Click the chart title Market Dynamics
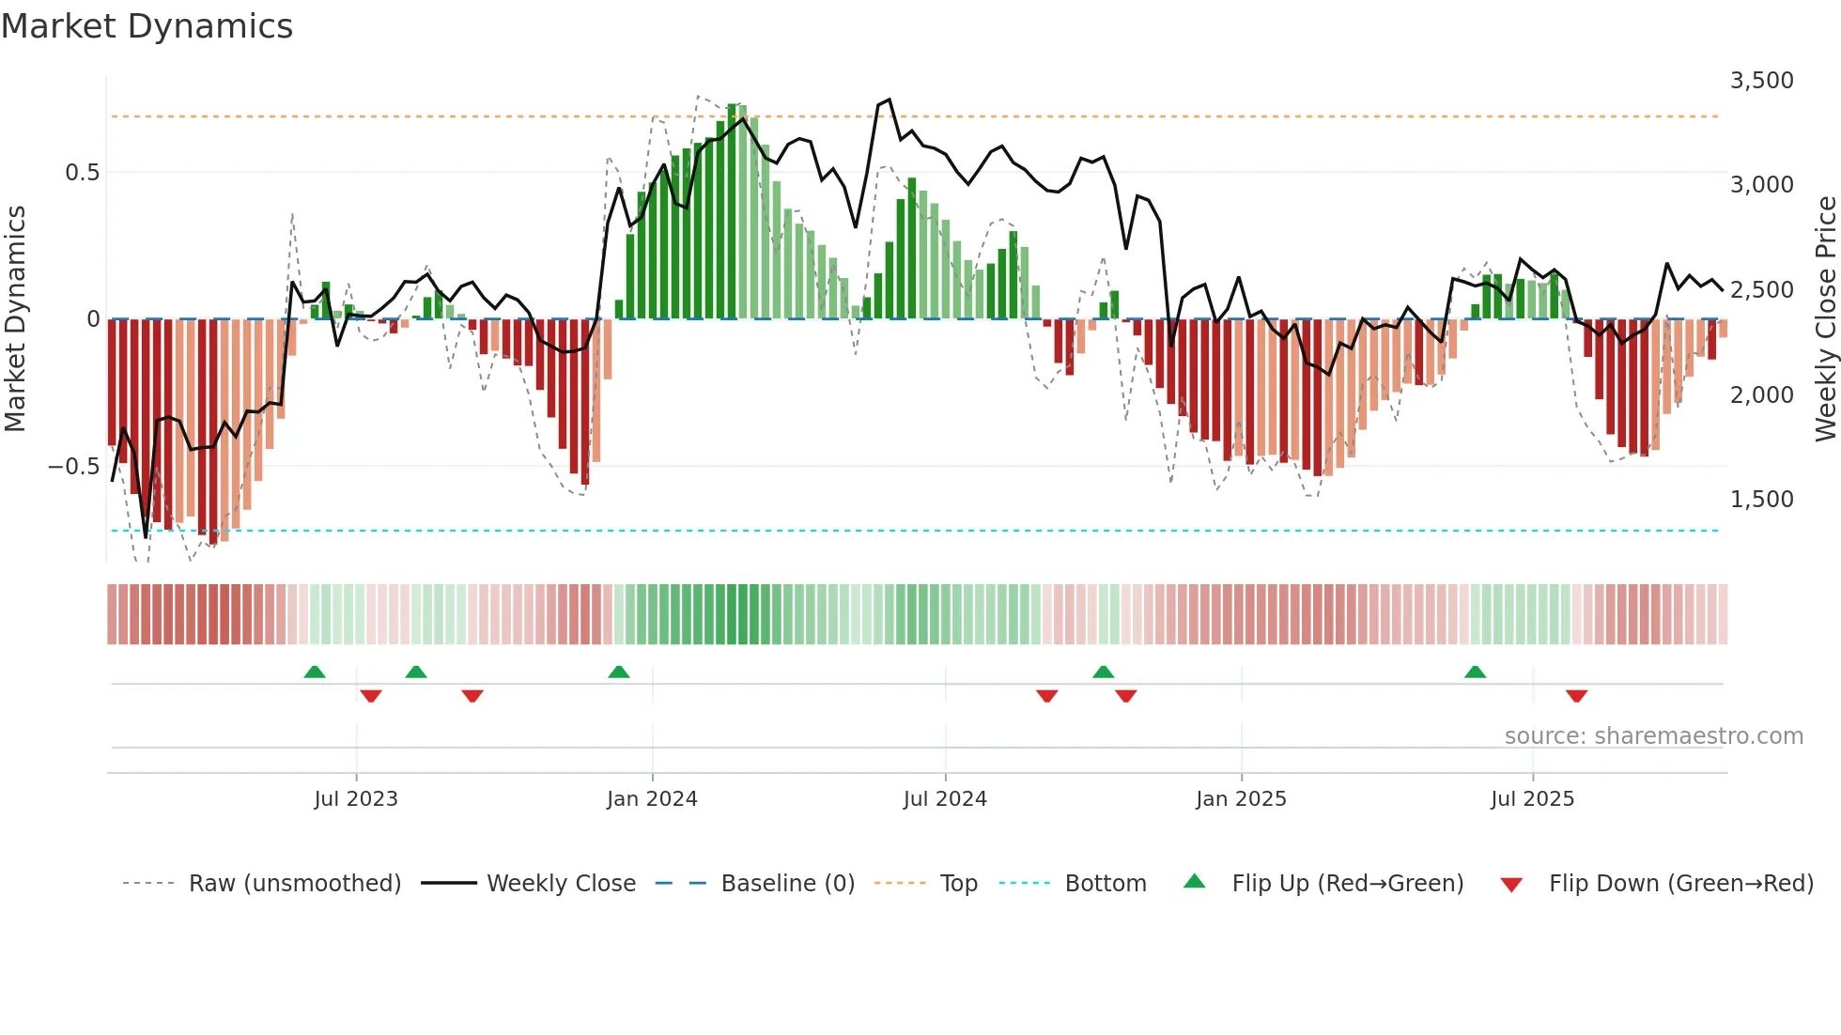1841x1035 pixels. [147, 26]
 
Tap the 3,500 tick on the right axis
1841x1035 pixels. [1761, 81]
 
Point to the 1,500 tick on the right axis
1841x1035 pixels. [1761, 500]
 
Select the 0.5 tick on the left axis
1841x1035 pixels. [82, 173]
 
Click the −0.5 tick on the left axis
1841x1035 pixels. [74, 467]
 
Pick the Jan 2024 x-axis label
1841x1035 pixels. [652, 799]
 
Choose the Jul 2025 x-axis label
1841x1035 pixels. [1532, 799]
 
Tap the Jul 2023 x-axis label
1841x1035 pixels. [356, 799]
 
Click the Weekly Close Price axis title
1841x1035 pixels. [1825, 319]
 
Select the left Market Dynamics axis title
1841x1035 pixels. [16, 319]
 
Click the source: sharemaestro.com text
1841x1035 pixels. [1653, 736]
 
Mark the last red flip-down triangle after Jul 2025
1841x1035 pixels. [1576, 696]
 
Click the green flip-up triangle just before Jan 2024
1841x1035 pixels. [618, 672]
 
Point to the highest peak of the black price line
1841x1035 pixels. [889, 100]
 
